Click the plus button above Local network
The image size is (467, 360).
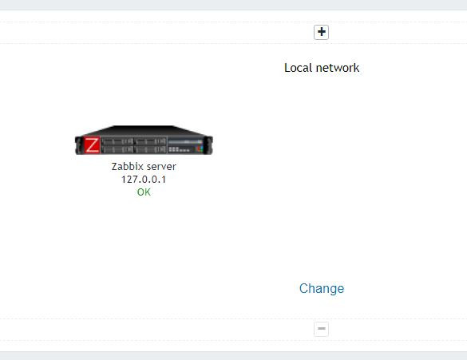tap(321, 32)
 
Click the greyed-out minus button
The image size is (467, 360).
tap(321, 329)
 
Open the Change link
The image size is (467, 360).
tap(322, 288)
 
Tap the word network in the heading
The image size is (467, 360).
tap(338, 68)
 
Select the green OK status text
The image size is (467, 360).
tap(144, 192)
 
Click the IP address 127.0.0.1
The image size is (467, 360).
tap(144, 180)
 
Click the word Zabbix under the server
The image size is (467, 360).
tap(126, 167)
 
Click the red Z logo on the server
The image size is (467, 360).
tap(92, 145)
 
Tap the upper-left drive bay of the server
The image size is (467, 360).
tap(117, 141)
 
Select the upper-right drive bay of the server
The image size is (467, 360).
tap(150, 141)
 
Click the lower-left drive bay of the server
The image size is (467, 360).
tap(117, 149)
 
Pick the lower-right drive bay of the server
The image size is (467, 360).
tap(150, 149)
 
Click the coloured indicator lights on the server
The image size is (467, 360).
tap(200, 148)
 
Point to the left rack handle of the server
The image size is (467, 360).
tap(78, 145)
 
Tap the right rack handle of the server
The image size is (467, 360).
tap(209, 145)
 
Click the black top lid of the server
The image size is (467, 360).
tap(144, 130)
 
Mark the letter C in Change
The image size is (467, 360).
tap(304, 288)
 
